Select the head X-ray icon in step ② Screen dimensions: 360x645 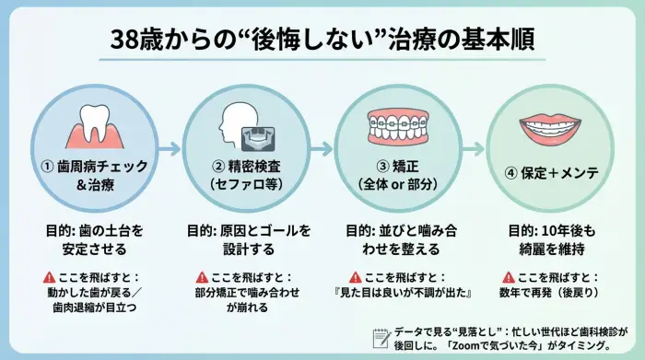(245, 130)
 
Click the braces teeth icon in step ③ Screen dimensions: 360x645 (398, 125)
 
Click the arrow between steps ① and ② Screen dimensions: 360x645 (169, 147)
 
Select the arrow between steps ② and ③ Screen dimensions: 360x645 (321, 147)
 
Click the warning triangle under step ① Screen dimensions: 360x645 (48, 277)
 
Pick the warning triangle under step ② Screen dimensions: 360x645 (202, 277)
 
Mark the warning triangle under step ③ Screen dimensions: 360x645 (354, 277)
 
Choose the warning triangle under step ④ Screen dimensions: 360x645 (508, 277)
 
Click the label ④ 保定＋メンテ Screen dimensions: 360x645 (551, 173)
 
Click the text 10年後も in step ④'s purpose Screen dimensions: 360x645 (574, 228)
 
